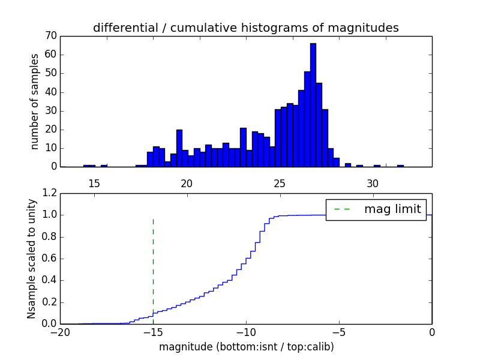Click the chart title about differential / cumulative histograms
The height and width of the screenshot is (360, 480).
click(245, 28)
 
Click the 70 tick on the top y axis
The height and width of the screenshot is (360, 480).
click(50, 36)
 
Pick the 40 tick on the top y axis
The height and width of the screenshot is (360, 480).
click(50, 92)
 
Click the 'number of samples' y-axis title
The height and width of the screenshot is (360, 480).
click(35, 101)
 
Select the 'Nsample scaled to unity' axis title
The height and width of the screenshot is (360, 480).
click(31, 259)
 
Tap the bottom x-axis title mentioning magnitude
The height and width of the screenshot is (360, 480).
click(246, 347)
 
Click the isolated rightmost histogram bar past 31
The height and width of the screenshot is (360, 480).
click(400, 166)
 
